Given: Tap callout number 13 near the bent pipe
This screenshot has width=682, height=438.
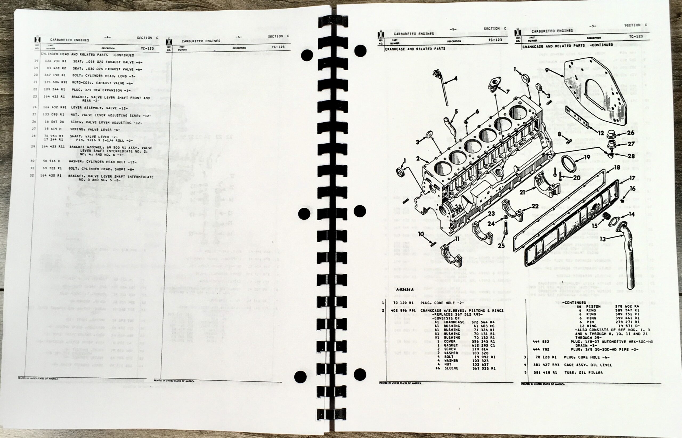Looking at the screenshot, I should [603, 239].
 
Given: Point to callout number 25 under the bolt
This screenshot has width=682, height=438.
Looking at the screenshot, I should [501, 245].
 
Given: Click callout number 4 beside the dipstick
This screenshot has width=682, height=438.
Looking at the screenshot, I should [455, 78].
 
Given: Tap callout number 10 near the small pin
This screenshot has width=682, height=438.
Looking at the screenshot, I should [421, 234].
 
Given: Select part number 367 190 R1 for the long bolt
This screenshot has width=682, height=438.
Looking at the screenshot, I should [55, 75].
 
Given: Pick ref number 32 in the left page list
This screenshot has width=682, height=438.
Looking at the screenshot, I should [32, 175].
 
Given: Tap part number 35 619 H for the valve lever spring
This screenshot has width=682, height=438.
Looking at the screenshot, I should [53, 129].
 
